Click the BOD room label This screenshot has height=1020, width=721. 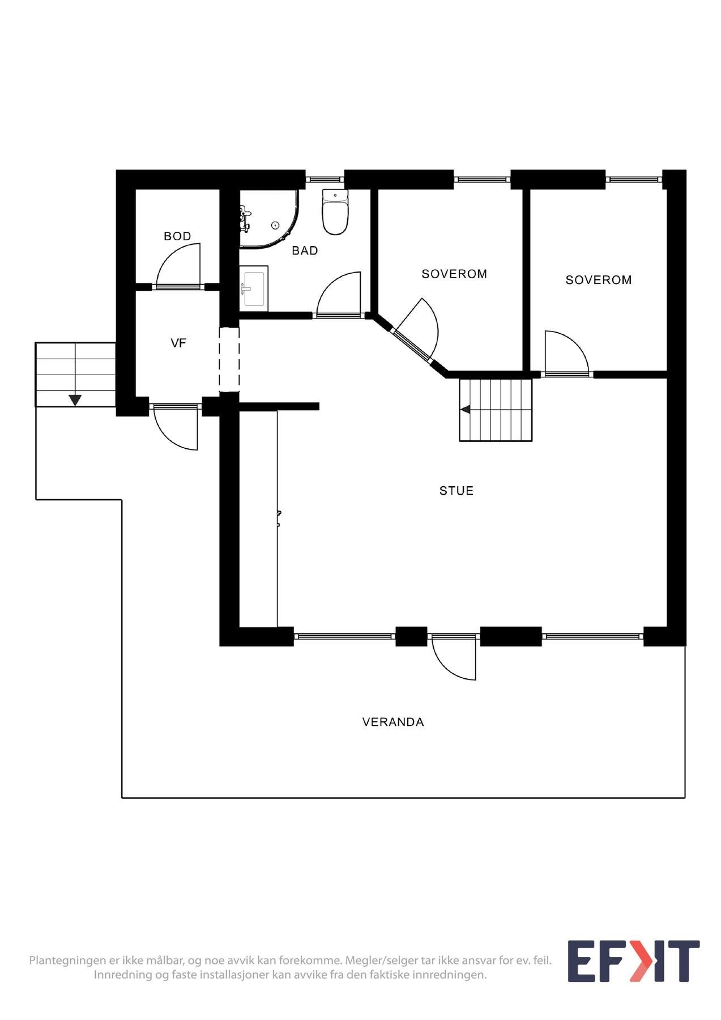177,236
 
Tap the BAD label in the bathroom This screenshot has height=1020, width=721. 305,250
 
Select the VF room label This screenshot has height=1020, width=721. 178,343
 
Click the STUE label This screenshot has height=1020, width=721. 456,491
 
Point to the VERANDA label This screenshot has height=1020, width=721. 393,722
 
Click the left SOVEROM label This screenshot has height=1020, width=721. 454,274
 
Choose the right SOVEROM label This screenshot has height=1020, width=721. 598,280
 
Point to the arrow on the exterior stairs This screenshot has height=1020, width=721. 75,400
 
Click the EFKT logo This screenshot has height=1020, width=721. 633,962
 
